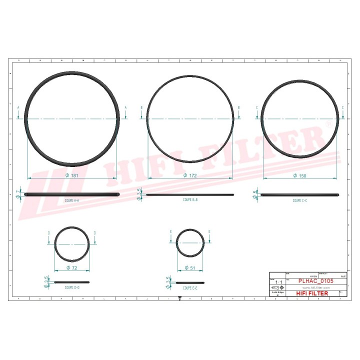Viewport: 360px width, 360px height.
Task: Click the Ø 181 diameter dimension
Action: tap(72, 175)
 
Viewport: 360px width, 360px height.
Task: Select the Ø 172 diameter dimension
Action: tap(190, 175)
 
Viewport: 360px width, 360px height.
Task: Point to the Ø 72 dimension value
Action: tap(72, 268)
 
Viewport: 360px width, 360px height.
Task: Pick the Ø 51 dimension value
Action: tap(189, 268)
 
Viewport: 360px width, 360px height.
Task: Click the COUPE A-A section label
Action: tap(72, 200)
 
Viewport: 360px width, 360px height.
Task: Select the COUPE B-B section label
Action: tap(190, 199)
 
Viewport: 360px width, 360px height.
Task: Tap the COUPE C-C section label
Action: tap(300, 200)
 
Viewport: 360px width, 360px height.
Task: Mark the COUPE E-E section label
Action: tap(190, 288)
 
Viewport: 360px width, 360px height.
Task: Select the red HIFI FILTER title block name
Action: tap(312, 293)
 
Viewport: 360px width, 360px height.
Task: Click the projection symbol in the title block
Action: tap(275, 288)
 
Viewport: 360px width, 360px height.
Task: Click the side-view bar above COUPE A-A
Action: tap(72, 194)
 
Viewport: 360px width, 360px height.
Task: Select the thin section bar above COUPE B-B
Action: tap(190, 195)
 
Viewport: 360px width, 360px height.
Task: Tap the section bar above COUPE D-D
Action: tap(72, 282)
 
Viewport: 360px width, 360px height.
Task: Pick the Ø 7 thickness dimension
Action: tap(18, 194)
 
